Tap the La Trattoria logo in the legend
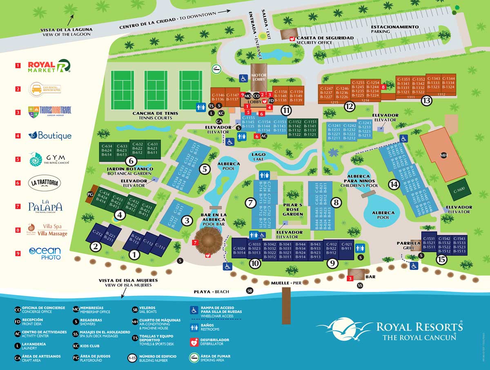[x=45, y=183]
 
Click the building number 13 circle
[x=427, y=101]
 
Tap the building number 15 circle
[x=441, y=260]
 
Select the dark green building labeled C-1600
[x=459, y=190]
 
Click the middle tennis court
[x=156, y=90]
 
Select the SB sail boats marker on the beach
[x=249, y=291]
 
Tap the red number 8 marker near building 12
[x=383, y=87]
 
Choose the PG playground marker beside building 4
[x=91, y=194]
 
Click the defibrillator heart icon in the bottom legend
[x=194, y=342]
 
